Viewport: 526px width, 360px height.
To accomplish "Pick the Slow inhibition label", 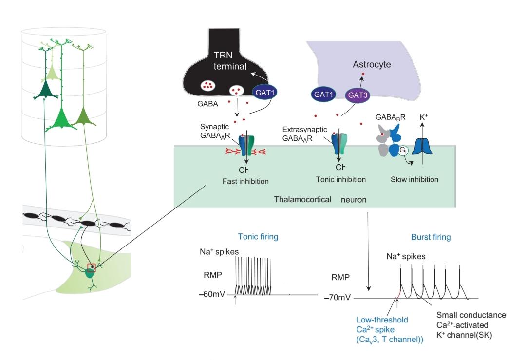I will click(414, 180).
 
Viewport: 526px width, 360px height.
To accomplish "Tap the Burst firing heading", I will click(431, 237).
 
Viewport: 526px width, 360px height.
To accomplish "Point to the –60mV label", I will click(211, 294).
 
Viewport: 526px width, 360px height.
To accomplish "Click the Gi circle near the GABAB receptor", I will click(403, 151).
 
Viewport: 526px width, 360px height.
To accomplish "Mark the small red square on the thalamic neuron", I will click(92, 266).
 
